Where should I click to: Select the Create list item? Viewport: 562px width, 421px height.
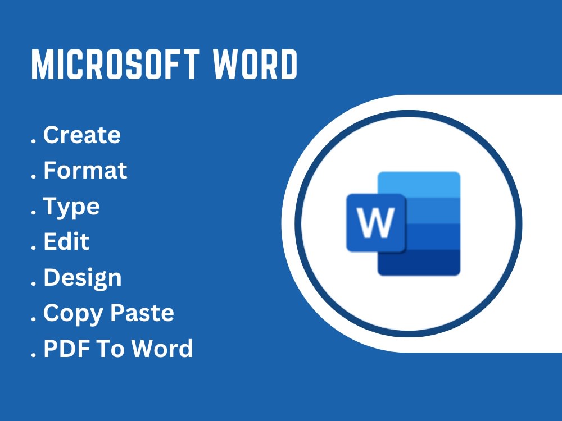pyautogui.click(x=82, y=135)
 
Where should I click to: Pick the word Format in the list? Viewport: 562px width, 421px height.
pyautogui.click(x=85, y=171)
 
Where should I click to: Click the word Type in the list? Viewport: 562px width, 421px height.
pyautogui.click(x=71, y=207)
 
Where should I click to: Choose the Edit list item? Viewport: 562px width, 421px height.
pyautogui.click(x=66, y=242)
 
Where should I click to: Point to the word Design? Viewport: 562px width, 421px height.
pyautogui.click(x=82, y=278)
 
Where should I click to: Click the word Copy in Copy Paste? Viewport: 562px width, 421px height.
pyautogui.click(x=68, y=313)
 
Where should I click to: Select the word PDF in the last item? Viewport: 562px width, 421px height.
pyautogui.click(x=63, y=349)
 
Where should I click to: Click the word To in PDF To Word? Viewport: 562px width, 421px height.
pyautogui.click(x=105, y=349)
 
